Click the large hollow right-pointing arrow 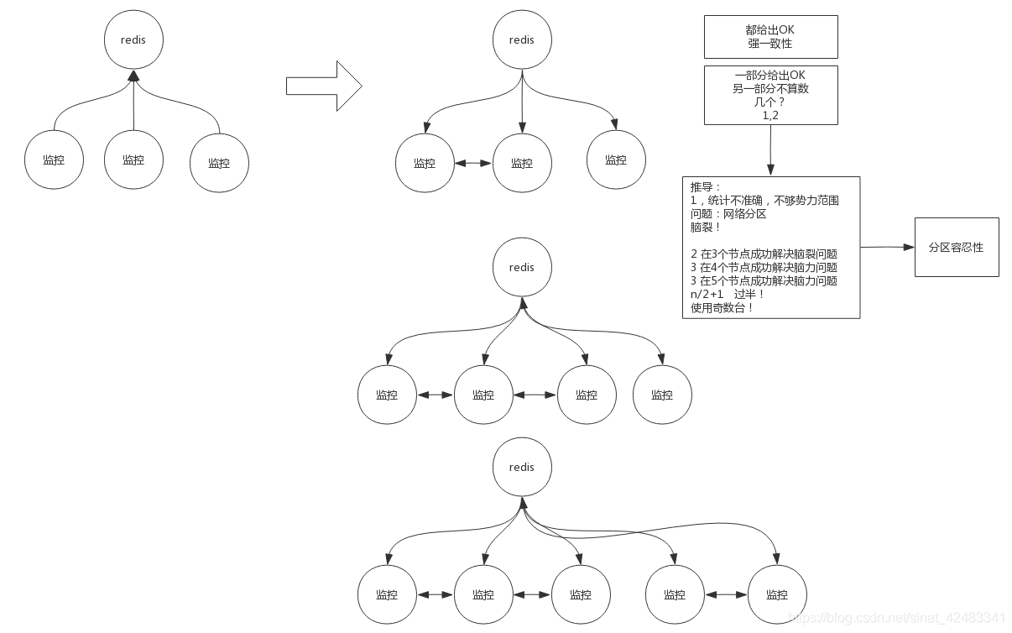click(323, 86)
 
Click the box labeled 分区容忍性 click(956, 248)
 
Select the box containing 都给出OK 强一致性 click(770, 36)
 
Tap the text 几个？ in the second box click(770, 102)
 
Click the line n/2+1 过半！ click(727, 295)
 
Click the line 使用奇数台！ click(722, 308)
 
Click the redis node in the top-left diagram click(133, 39)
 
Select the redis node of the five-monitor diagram click(521, 467)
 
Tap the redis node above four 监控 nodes click(521, 267)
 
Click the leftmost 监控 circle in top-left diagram click(54, 160)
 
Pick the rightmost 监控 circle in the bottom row click(777, 594)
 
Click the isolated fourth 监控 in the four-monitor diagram click(662, 395)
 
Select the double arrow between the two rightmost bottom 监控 click(727, 594)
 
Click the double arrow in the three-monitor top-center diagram click(473, 163)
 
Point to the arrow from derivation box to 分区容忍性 click(886, 248)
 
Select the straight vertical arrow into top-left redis click(133, 105)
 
